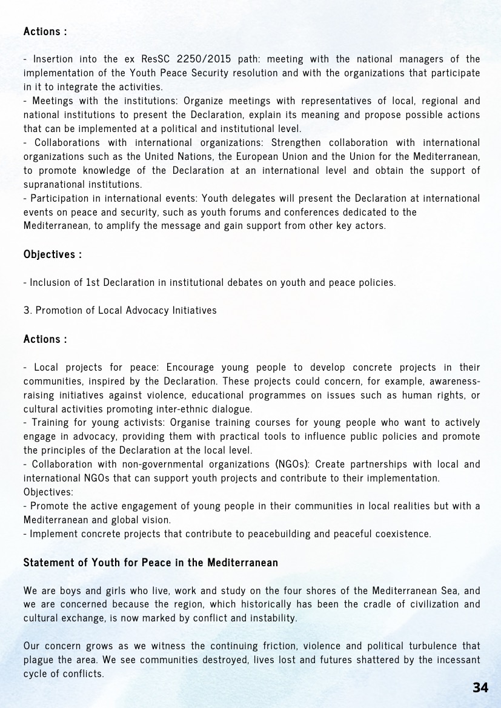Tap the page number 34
(x=480, y=687)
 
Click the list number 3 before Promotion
(x=27, y=310)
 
